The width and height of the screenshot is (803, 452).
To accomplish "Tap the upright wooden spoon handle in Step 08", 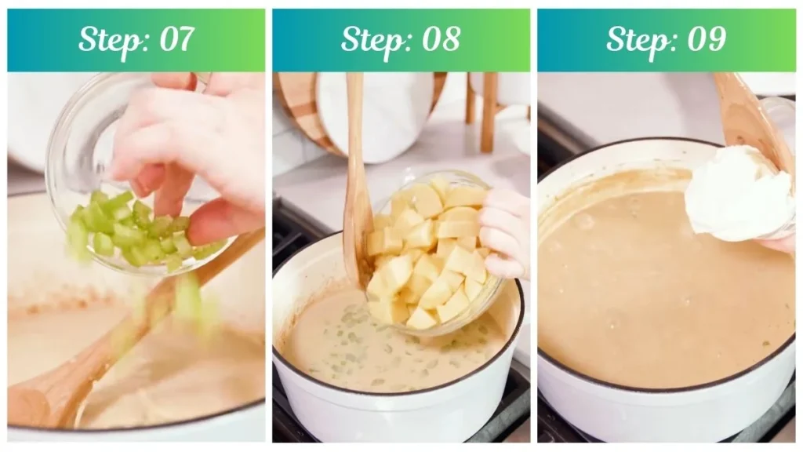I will [357, 173].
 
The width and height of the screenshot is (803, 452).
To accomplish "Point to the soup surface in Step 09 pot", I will [651, 298].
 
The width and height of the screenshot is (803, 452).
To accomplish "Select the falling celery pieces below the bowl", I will [188, 298].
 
